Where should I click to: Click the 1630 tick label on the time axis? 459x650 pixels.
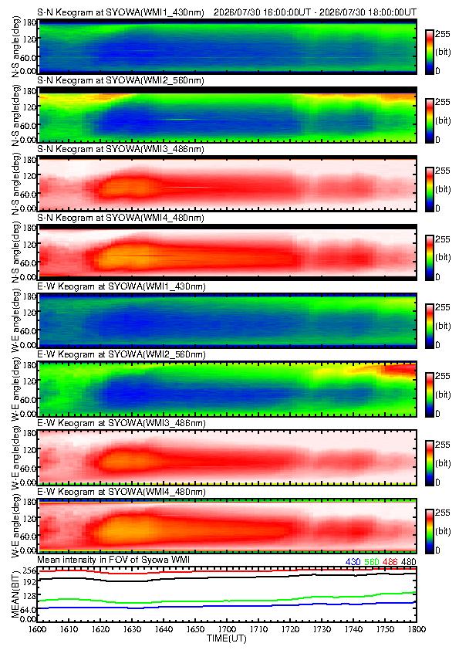(132, 629)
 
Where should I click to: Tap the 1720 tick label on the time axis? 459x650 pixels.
(290, 629)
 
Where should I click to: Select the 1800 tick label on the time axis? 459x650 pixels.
(417, 629)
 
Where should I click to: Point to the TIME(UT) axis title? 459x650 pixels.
(226, 638)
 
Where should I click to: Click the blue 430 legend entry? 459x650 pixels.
(353, 562)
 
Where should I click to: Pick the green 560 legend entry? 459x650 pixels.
(372, 562)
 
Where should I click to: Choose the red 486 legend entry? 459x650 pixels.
(390, 562)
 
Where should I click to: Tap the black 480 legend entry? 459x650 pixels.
(408, 562)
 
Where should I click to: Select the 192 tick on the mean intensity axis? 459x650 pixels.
(29, 582)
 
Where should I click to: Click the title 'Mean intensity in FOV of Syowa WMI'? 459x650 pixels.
(113, 560)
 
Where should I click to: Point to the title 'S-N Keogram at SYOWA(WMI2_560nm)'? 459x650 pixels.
(120, 80)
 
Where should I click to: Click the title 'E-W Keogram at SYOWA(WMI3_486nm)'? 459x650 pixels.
(121, 423)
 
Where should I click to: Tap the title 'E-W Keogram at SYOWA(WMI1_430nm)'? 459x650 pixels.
(121, 286)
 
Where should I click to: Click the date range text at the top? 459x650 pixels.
(315, 12)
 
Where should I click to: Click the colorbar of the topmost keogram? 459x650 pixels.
(430, 52)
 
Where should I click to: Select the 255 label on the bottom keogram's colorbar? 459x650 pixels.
(443, 513)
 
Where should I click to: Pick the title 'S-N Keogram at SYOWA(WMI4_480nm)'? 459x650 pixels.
(120, 218)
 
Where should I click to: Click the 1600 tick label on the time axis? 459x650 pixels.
(37, 629)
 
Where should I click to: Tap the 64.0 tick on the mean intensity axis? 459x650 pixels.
(28, 609)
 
